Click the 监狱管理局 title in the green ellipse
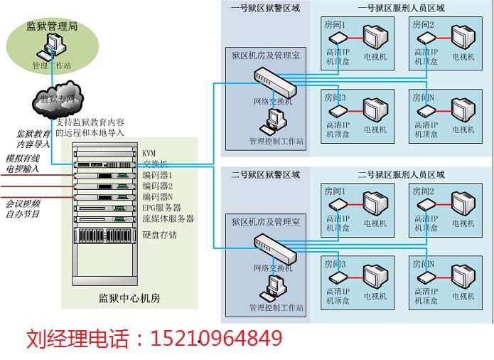tap(53, 29)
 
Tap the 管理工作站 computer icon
tap(52, 50)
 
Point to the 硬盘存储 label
tap(160, 235)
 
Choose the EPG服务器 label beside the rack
tap(163, 208)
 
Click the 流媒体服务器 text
tap(168, 218)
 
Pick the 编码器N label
tap(157, 196)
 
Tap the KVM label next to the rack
tap(149, 154)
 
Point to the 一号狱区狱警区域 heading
tap(265, 8)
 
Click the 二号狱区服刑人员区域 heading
tap(401, 174)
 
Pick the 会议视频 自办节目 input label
tap(23, 208)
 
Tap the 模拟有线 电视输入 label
tap(23, 164)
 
